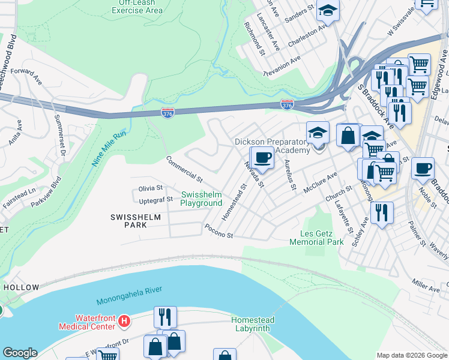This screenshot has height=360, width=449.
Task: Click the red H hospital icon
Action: tap(124, 322)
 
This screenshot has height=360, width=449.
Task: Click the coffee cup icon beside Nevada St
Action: tap(262, 158)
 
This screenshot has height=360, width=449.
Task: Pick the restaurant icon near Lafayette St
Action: tap(382, 212)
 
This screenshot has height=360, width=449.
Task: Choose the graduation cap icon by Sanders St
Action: tap(328, 11)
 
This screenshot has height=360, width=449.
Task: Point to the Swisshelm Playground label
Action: tap(202, 199)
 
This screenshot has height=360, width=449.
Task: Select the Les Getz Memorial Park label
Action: tap(316, 238)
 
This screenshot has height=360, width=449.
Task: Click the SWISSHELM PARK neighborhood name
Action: tap(128, 220)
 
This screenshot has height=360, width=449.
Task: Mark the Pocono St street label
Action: tap(218, 231)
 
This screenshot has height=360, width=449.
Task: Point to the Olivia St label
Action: tap(151, 188)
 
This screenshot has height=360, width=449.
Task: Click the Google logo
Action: tap(20, 353)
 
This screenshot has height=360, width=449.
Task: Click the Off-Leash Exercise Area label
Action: tap(137, 7)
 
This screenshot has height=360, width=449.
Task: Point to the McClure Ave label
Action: tap(321, 179)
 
